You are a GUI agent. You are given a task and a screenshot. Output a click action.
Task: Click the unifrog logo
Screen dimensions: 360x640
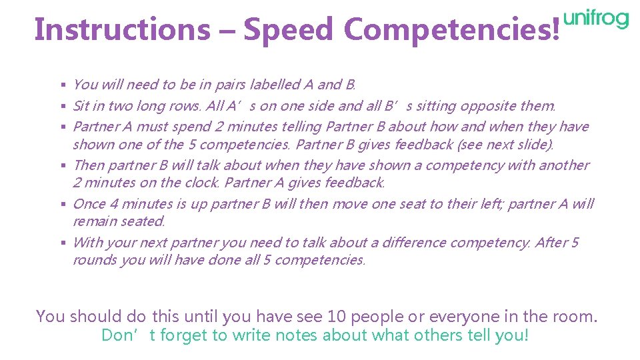pos(596,20)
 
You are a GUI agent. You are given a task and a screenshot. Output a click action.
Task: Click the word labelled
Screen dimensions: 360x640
pos(274,85)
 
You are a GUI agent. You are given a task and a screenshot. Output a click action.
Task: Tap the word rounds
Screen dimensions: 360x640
pos(94,260)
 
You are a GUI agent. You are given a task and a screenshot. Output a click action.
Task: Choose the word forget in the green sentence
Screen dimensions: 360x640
pos(183,335)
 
